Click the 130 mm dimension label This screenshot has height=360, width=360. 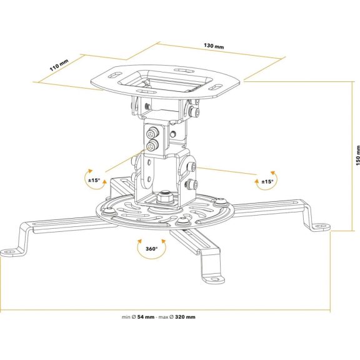pos(214,46)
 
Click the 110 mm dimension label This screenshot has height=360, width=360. pos(59,65)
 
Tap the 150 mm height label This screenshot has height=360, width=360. pos(357,156)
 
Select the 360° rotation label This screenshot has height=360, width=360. pos(152,249)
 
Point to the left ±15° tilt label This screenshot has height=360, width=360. pos(94,180)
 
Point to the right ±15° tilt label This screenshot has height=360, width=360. pos(267,182)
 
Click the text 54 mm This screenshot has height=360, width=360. pos(146,317)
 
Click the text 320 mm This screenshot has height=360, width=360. pos(185,317)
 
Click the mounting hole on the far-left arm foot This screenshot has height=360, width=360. pos(9,252)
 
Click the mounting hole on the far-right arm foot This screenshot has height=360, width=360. pos(322,226)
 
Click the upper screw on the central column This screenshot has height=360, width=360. pos(151,134)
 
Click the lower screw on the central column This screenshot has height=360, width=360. pos(152,146)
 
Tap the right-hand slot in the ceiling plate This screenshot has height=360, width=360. pos(216,87)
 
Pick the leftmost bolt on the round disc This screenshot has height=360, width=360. pos(108,211)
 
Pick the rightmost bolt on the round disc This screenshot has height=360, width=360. pos(221,202)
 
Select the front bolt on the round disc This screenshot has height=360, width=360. pos(183,221)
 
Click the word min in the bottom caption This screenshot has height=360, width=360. pos(126,317)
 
